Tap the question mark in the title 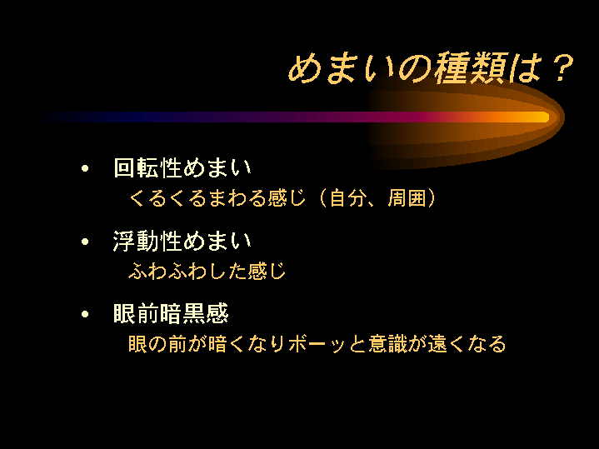(x=561, y=67)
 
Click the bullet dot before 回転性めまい (x=85, y=168)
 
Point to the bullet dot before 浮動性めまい (x=85, y=242)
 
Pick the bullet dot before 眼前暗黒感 (x=85, y=314)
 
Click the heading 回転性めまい (x=182, y=167)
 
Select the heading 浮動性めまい (x=182, y=241)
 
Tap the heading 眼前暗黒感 (x=171, y=313)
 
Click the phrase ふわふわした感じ (x=207, y=271)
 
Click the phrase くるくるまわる (x=197, y=198)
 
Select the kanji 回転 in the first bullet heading (x=136, y=167)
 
